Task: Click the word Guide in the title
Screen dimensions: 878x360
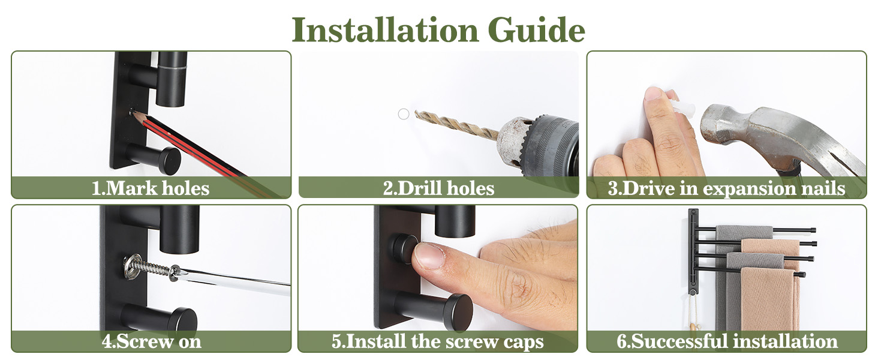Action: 536,31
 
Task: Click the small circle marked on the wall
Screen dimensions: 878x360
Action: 404,114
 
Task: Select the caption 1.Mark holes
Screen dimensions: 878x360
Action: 151,188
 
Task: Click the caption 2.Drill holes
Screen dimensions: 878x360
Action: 438,188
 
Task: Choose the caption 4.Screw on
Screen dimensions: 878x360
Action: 151,341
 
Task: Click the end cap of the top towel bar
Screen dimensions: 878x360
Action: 814,230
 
